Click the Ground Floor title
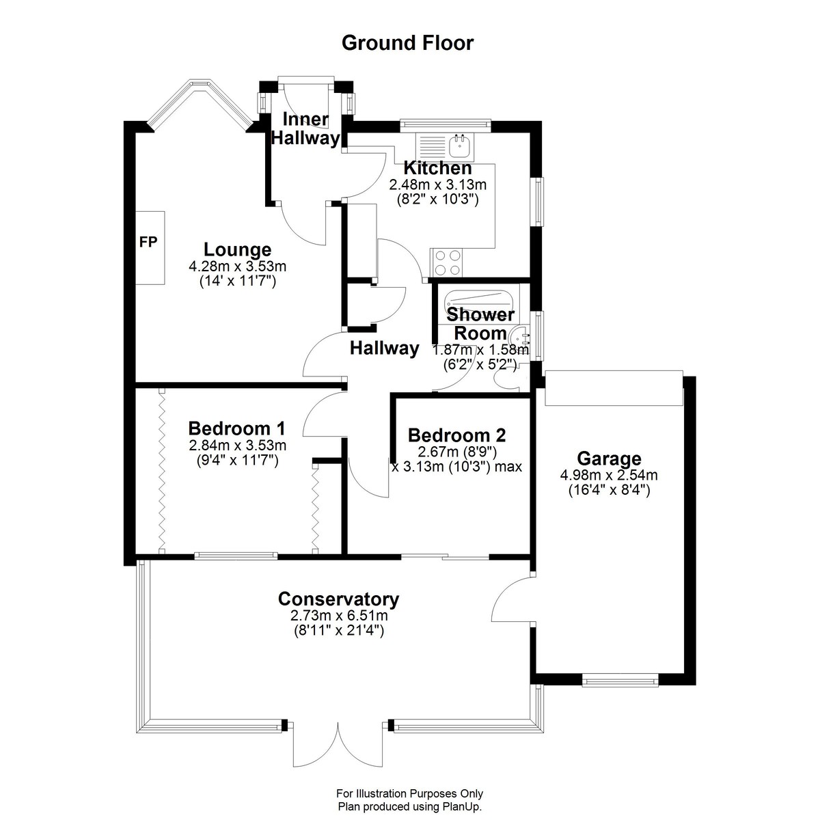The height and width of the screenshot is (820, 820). tap(407, 44)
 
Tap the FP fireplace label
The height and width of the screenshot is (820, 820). tap(148, 242)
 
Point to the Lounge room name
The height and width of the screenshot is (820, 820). tap(237, 249)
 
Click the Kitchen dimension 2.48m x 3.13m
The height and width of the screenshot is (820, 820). tap(438, 184)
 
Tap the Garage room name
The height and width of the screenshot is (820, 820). tap(609, 459)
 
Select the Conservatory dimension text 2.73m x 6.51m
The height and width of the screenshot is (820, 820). tap(339, 615)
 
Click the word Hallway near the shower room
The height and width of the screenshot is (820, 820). tap(384, 348)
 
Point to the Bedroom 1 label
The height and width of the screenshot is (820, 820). tap(236, 428)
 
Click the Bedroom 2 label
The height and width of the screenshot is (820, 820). tap(456, 435)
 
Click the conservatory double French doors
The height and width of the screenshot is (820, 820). tap(338, 748)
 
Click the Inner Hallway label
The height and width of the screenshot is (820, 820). tap(305, 128)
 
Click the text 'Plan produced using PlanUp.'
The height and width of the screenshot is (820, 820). tap(410, 806)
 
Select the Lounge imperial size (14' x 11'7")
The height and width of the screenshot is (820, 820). tap(237, 282)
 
